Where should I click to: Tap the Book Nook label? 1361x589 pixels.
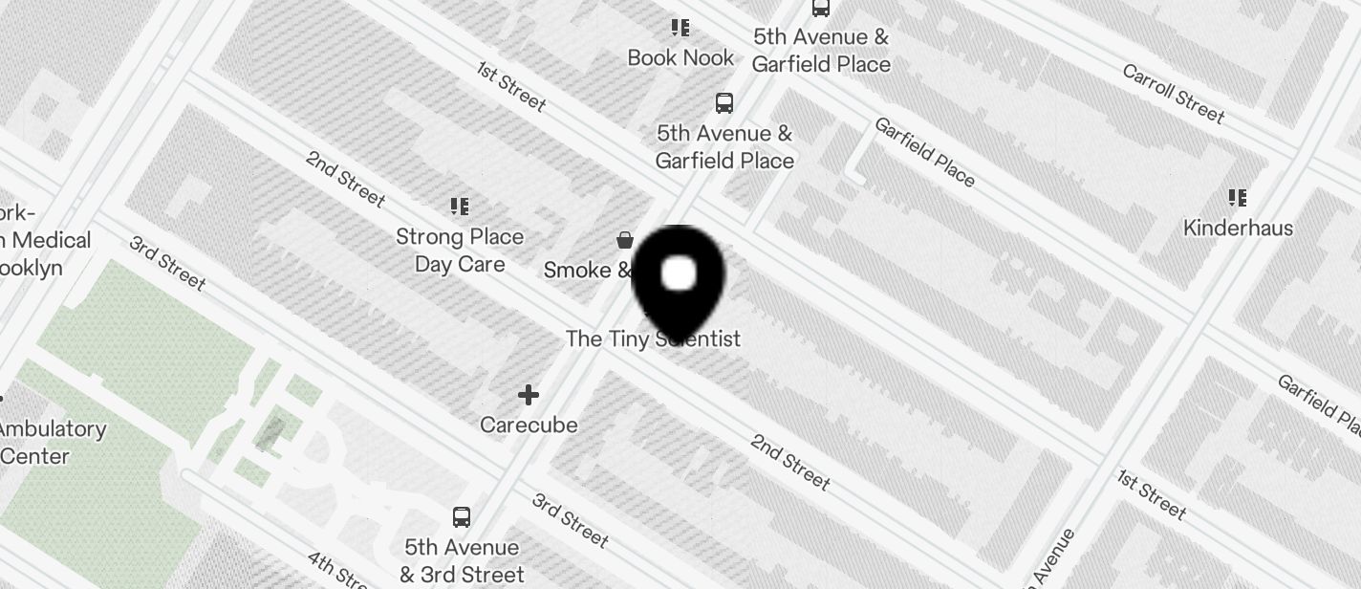(680, 57)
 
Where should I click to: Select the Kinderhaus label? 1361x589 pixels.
(1238, 228)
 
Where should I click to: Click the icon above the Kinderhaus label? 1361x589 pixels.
(1238, 198)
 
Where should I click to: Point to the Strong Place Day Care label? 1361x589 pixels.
(460, 250)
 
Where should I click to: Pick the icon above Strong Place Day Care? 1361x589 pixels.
(460, 206)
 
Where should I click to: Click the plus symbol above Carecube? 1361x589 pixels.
(529, 394)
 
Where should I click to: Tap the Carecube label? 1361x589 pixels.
(529, 425)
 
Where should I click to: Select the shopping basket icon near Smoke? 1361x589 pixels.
(625, 239)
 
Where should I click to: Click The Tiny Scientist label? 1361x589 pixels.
(653, 338)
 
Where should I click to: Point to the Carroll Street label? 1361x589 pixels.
(1173, 94)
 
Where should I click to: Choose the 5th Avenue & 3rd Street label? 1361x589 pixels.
(462, 560)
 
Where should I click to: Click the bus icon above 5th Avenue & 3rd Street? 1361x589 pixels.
(462, 517)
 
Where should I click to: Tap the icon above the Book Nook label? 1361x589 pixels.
(680, 28)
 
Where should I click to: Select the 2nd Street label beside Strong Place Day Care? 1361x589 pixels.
(345, 179)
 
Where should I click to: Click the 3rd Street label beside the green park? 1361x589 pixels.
(167, 261)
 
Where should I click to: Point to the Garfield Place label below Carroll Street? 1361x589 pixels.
(924, 152)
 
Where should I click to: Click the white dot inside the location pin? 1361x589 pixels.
(679, 273)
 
